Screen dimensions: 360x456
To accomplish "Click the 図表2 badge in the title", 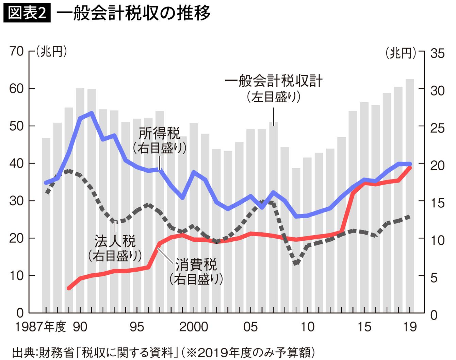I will coord(27,13).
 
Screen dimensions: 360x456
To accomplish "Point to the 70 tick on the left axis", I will coord(17,52).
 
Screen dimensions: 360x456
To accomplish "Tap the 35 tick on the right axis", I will coord(437,54).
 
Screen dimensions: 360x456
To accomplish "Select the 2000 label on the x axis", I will coord(194,327).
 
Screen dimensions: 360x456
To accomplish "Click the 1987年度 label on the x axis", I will coord(40,327).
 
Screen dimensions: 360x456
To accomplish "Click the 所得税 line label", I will coord(159,134).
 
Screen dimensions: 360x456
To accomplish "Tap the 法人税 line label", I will coord(115,241).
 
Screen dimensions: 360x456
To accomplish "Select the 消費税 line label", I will coord(196,265).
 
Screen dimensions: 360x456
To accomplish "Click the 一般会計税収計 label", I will coord(274,81).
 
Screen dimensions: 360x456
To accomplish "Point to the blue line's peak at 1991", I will coord(92,113).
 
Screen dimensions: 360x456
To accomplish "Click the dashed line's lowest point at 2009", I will coord(296,263).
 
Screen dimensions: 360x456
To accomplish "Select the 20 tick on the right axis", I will coord(437,166).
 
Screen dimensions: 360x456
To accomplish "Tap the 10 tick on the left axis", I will coord(17,276).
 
